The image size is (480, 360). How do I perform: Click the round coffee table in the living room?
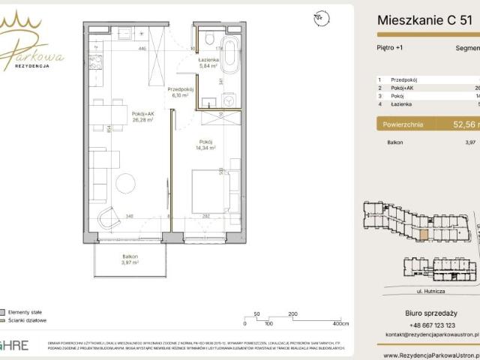(125, 181)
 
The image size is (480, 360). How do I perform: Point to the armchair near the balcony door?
(109, 217)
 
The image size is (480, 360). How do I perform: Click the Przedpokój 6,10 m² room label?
(181, 92)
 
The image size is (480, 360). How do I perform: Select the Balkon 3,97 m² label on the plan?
(132, 259)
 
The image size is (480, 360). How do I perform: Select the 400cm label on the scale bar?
(340, 324)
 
